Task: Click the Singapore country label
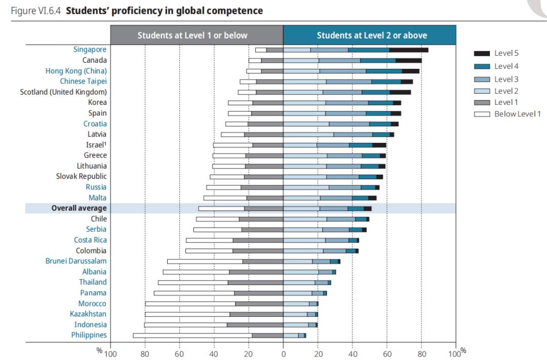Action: pos(90,50)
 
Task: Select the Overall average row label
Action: pos(79,208)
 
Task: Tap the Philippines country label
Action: pos(89,335)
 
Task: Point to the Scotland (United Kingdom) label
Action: pos(63,92)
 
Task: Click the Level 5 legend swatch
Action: pos(482,53)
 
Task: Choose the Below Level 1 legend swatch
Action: pos(482,114)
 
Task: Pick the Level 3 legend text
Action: pos(506,79)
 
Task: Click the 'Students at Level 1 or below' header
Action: pos(192,35)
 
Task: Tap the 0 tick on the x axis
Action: pos(283,353)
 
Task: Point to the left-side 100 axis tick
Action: pos(110,353)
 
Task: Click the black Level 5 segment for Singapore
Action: pos(408,50)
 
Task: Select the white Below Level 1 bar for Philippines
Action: pos(192,335)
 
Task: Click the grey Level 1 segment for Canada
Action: pos(272,60)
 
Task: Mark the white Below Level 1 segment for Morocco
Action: pos(190,304)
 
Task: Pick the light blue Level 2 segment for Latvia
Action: pos(308,134)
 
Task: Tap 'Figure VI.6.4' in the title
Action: pos(36,11)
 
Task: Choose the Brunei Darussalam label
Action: pos(76,261)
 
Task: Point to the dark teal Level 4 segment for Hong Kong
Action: pos(383,71)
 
